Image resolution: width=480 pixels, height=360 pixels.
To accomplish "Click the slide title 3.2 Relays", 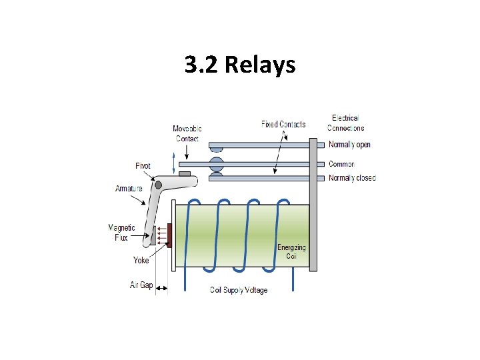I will point(240,65).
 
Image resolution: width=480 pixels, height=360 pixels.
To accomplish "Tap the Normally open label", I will point(349,145).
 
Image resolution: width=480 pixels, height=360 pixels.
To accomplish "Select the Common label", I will point(341,164).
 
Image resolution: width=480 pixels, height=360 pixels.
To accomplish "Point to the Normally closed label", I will point(352,178).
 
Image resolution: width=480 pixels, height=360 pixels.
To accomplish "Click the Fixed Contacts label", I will point(283,124).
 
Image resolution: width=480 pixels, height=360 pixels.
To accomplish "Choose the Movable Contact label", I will point(187,133).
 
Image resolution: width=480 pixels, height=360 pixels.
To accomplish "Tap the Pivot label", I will point(143,166).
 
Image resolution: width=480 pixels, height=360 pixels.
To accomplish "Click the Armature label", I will point(129,189).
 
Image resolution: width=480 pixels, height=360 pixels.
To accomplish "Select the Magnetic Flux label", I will point(122,232).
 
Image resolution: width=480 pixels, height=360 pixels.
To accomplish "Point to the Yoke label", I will point(141,260).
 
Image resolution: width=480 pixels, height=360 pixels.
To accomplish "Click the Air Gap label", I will point(141,285).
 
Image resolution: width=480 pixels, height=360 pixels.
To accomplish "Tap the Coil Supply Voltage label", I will point(239,290).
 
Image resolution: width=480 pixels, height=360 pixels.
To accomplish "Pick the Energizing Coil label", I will point(291,251).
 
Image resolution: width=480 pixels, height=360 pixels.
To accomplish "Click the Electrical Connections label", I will point(346,123).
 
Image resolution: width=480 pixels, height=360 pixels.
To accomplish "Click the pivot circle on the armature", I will point(158,185).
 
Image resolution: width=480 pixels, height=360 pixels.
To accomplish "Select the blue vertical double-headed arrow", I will point(175,163).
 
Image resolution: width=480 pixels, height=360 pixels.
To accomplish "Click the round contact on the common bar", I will point(217,164).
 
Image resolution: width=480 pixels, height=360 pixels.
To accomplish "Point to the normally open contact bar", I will point(260,145).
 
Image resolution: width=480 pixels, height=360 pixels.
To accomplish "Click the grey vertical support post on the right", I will point(313,203).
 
